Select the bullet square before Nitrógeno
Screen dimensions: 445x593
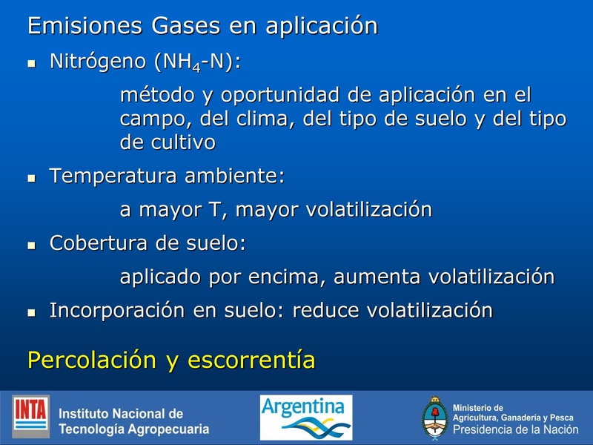(x=31, y=65)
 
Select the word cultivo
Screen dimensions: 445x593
(x=182, y=142)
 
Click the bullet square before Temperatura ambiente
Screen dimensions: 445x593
(x=31, y=179)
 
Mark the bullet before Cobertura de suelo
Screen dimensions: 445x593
(x=31, y=245)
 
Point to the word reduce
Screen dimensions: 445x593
(x=325, y=310)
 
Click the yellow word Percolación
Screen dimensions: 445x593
(x=92, y=360)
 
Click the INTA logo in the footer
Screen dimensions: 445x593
(x=30, y=416)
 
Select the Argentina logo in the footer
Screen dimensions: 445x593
(x=306, y=417)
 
